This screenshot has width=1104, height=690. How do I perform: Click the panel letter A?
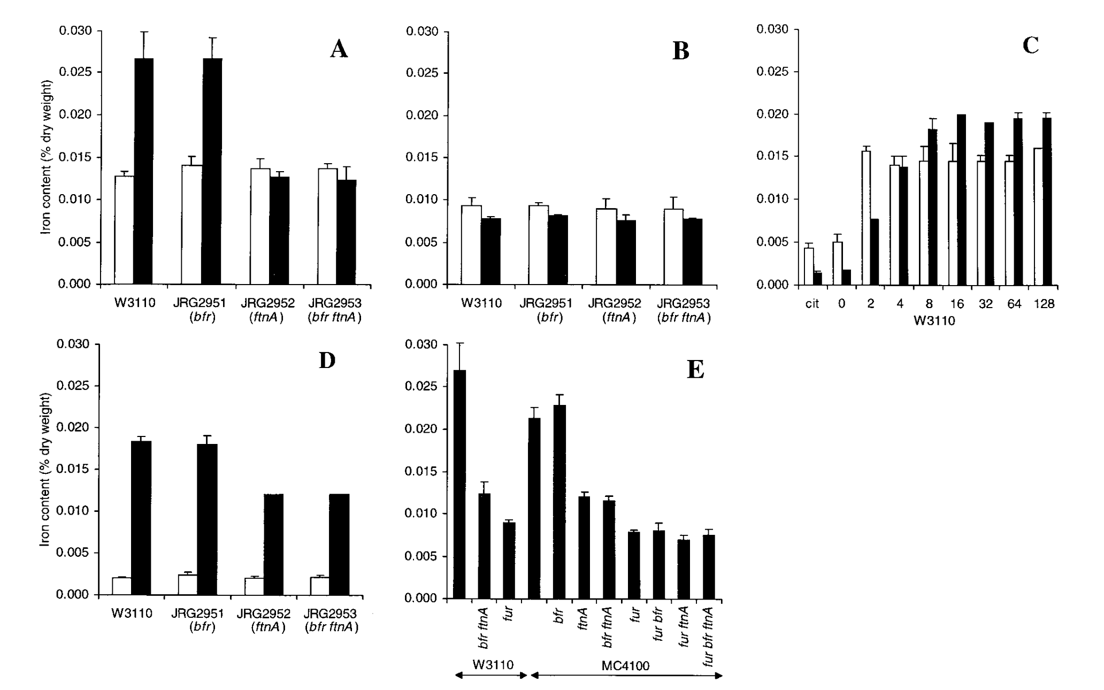[x=339, y=49]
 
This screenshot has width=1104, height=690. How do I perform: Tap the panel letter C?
[x=1030, y=45]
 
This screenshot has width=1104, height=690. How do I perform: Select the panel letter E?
[x=695, y=370]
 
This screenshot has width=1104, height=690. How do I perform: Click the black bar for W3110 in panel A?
[x=143, y=171]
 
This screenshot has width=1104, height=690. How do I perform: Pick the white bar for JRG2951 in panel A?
[x=192, y=225]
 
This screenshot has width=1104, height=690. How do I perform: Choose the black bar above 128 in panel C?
[x=1047, y=201]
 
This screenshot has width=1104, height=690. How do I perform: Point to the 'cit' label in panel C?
[x=812, y=304]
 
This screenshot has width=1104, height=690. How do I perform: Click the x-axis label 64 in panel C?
[x=1014, y=304]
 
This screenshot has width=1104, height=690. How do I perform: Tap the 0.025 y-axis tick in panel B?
[x=421, y=73]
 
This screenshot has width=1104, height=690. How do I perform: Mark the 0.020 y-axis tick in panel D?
[x=73, y=428]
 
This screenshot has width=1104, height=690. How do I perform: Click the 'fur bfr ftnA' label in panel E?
[x=709, y=637]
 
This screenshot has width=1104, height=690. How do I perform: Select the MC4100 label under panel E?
[x=625, y=666]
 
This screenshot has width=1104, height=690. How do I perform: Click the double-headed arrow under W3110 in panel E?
[x=492, y=676]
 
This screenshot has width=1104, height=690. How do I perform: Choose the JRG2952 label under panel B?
[x=615, y=304]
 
